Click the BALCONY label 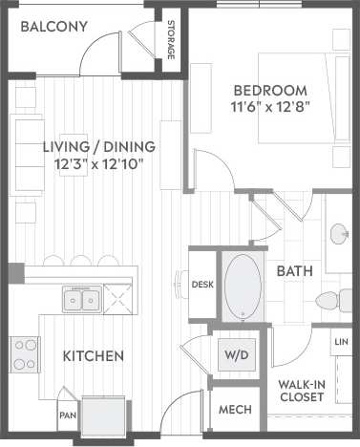pos(53,27)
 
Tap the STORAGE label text pos(170,39)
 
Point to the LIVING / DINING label pos(99,147)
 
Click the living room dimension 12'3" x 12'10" pos(99,165)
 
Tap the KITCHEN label pos(93,356)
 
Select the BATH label pos(294,271)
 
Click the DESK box pos(201,284)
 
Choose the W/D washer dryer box pos(235,354)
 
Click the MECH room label pos(235,410)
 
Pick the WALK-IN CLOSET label pos(300,392)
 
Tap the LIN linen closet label pos(341,341)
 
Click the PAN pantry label pos(67,415)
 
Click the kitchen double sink pos(81,301)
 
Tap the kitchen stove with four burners pos(24,354)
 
